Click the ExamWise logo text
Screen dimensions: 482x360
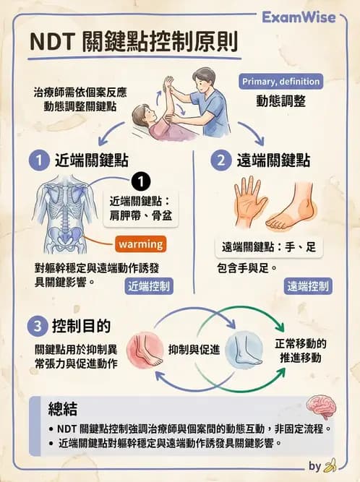point(298,16)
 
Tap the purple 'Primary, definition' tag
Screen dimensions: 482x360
point(280,82)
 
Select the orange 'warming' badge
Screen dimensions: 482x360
point(140,244)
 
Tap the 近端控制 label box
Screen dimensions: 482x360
point(149,286)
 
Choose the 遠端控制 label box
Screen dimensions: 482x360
point(308,286)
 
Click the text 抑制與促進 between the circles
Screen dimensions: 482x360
point(194,349)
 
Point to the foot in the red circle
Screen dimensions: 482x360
point(147,348)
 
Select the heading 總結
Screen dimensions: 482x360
point(62,409)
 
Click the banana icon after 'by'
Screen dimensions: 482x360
point(331,466)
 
